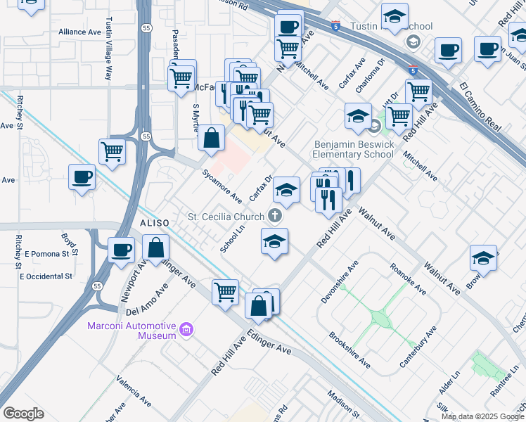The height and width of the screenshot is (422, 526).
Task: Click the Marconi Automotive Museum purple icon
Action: pos(186,329)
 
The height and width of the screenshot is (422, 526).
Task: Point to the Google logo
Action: pos(23,414)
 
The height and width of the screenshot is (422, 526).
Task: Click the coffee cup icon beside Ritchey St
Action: pos(82,177)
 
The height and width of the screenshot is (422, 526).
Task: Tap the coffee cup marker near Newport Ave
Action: pos(121,250)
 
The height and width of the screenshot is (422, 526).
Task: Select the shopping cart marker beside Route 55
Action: pos(112,151)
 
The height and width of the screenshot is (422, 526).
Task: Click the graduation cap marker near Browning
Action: pos(484,258)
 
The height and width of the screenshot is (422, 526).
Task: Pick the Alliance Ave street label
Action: pos(80,32)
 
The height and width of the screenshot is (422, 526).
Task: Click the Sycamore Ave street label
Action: pos(222,186)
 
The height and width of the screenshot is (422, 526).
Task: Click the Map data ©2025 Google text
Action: pos(482,416)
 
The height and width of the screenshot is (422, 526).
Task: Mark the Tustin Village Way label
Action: pos(108,49)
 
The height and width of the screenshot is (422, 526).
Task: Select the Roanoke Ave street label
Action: pos(408,279)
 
